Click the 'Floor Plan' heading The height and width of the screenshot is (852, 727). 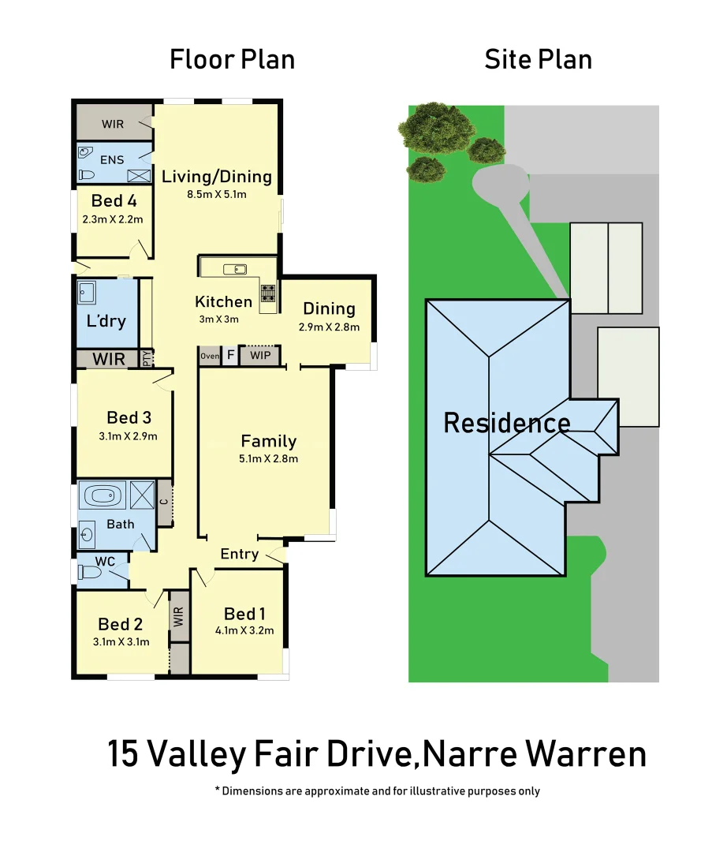pyautogui.click(x=232, y=59)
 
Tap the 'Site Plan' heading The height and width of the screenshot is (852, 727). pyautogui.click(x=538, y=59)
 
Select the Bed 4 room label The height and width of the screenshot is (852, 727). pyautogui.click(x=114, y=200)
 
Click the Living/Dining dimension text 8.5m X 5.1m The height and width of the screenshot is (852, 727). pyautogui.click(x=217, y=194)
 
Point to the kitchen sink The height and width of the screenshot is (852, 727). pyautogui.click(x=234, y=270)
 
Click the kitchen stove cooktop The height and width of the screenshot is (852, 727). pyautogui.click(x=268, y=293)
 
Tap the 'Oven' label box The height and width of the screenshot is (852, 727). pyautogui.click(x=210, y=357)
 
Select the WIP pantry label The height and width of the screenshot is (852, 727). pyautogui.click(x=259, y=357)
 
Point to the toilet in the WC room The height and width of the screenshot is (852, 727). pyautogui.click(x=90, y=574)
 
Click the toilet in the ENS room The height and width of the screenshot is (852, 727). pyautogui.click(x=87, y=175)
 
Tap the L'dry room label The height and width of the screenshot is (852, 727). pyautogui.click(x=106, y=321)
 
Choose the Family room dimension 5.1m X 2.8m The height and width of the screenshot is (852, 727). pyautogui.click(x=269, y=458)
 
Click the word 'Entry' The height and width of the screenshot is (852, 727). pyautogui.click(x=239, y=554)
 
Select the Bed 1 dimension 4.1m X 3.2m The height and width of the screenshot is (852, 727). pyautogui.click(x=244, y=630)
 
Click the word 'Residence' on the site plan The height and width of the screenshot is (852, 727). pyautogui.click(x=506, y=423)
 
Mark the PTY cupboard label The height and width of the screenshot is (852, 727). pyautogui.click(x=147, y=358)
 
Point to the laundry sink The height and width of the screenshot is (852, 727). pyautogui.click(x=87, y=293)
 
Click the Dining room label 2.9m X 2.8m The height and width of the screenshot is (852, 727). pyautogui.click(x=329, y=327)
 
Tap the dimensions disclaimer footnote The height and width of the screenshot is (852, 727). pyautogui.click(x=377, y=790)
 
